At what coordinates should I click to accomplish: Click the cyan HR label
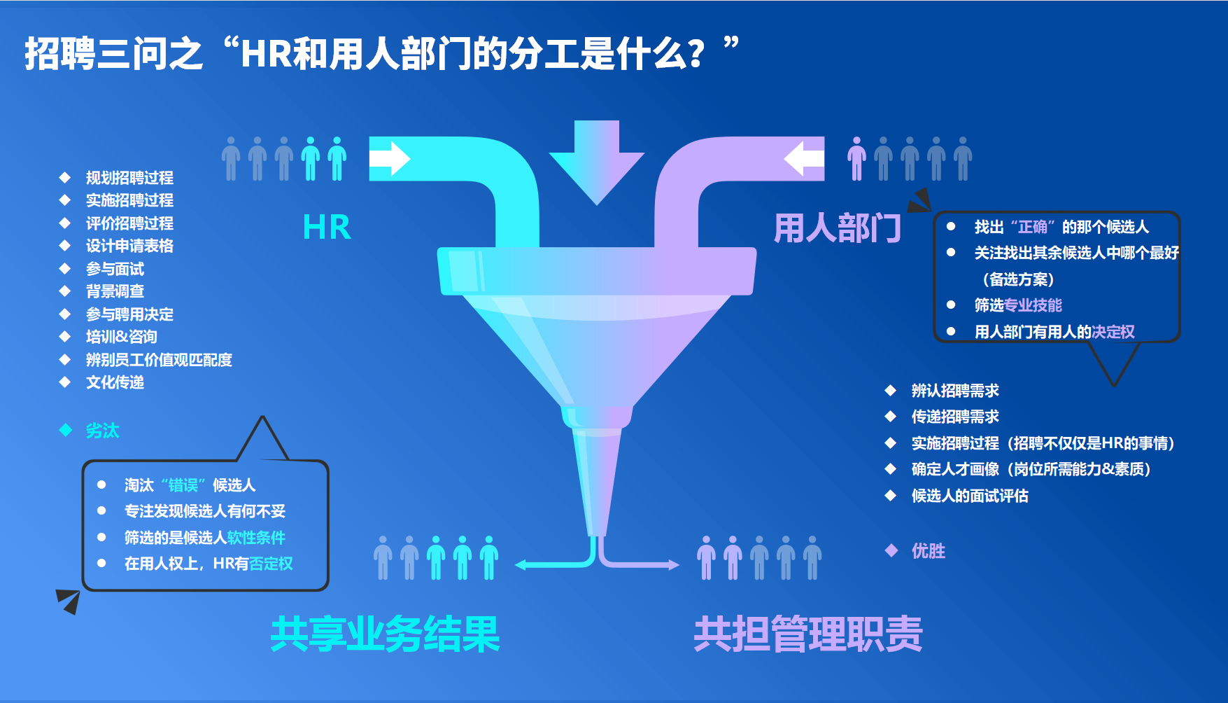327,228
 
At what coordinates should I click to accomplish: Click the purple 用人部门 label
838,228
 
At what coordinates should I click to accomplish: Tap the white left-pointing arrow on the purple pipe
804,159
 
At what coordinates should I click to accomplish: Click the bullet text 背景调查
115,291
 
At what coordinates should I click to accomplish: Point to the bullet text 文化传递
115,382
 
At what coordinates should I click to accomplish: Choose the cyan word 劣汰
102,431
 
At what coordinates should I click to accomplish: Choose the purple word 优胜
928,551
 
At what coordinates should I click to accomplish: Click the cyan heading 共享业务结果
385,634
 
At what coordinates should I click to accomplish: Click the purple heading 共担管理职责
808,634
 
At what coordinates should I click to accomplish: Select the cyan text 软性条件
256,538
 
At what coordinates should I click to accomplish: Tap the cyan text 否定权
271,564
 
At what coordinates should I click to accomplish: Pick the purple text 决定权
1113,332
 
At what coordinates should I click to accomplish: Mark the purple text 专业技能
1033,305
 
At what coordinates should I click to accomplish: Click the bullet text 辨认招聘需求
955,391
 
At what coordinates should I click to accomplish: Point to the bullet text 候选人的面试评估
970,496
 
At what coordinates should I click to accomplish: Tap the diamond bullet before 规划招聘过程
65,177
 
